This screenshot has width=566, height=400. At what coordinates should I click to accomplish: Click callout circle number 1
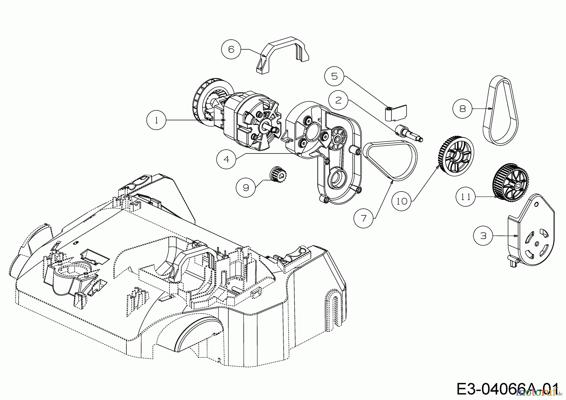(x=156, y=120)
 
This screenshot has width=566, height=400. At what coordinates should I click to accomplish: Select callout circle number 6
(x=231, y=50)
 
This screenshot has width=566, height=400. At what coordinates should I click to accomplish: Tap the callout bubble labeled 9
(x=246, y=188)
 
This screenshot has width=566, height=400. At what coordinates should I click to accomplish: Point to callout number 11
(x=466, y=197)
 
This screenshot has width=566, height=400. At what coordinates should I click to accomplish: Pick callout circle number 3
(x=483, y=236)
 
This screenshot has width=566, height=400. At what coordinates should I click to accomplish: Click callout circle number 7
(x=363, y=218)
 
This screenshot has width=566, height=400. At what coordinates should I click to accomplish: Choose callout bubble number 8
(x=462, y=108)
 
